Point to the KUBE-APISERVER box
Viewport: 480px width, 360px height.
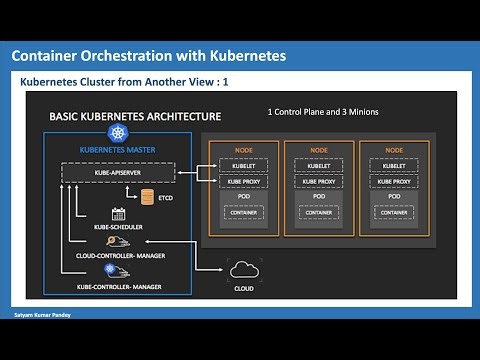(x=120, y=174)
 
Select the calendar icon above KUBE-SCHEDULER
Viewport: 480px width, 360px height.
(x=117, y=213)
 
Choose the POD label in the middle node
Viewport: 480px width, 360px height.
(x=318, y=197)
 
